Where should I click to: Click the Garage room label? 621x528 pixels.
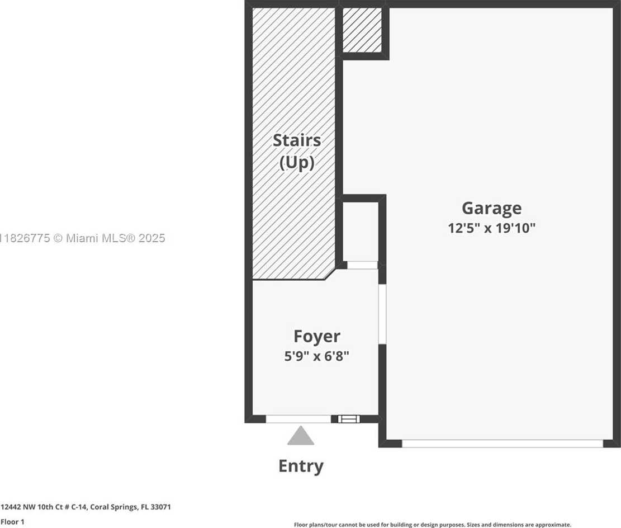pyautogui.click(x=491, y=208)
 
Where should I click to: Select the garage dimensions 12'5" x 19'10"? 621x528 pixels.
pyautogui.click(x=491, y=228)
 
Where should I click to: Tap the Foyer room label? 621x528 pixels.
pyautogui.click(x=316, y=336)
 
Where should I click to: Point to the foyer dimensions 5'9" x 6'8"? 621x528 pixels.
pyautogui.click(x=316, y=356)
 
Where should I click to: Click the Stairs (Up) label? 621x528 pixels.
pyautogui.click(x=296, y=151)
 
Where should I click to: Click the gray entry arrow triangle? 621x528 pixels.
pyautogui.click(x=301, y=436)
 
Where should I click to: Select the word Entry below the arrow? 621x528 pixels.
pyautogui.click(x=301, y=466)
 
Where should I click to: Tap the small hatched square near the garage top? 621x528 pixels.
pyautogui.click(x=362, y=30)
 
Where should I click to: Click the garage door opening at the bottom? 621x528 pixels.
pyautogui.click(x=502, y=444)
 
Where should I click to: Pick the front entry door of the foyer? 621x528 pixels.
pyautogui.click(x=298, y=419)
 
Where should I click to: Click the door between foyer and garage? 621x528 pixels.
pyautogui.click(x=382, y=313)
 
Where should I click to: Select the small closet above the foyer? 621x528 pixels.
pyautogui.click(x=360, y=230)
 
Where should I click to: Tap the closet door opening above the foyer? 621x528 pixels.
pyautogui.click(x=362, y=265)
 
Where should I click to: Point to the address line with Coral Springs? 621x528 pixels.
pyautogui.click(x=86, y=507)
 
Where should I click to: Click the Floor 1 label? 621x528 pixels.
pyautogui.click(x=12, y=522)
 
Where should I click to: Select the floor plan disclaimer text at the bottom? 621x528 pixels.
pyautogui.click(x=432, y=525)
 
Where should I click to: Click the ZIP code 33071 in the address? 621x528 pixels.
pyautogui.click(x=162, y=507)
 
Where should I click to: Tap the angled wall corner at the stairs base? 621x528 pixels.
pyautogui.click(x=331, y=274)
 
